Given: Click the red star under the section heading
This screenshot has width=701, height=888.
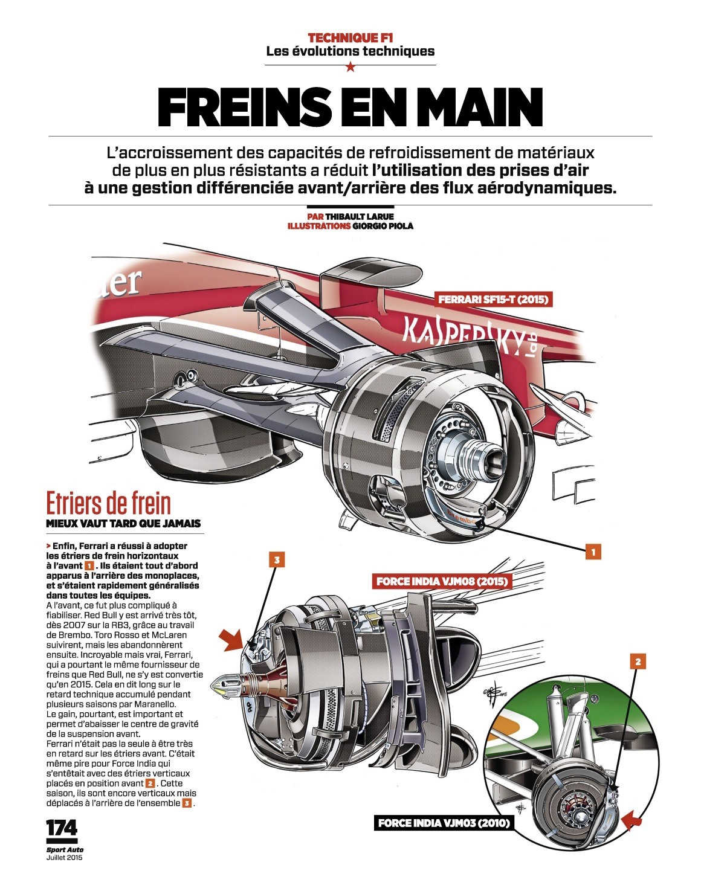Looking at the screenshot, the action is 350,66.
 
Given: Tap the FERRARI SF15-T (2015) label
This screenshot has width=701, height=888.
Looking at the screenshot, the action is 493,299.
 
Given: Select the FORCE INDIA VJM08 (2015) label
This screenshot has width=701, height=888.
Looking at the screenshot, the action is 442,582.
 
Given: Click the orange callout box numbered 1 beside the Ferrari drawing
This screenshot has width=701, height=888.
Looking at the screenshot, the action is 593,552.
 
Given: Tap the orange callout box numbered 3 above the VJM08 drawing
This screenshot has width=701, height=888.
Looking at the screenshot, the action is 277,560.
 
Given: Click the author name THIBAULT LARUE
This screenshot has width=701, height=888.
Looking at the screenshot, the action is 359,217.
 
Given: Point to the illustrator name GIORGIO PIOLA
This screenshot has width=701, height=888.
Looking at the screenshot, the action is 383,226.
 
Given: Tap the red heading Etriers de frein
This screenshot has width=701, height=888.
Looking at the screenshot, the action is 108,503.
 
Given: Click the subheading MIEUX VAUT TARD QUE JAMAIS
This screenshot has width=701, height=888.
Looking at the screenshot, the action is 123,524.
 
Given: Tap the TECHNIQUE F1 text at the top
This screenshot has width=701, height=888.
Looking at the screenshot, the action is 350,38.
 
